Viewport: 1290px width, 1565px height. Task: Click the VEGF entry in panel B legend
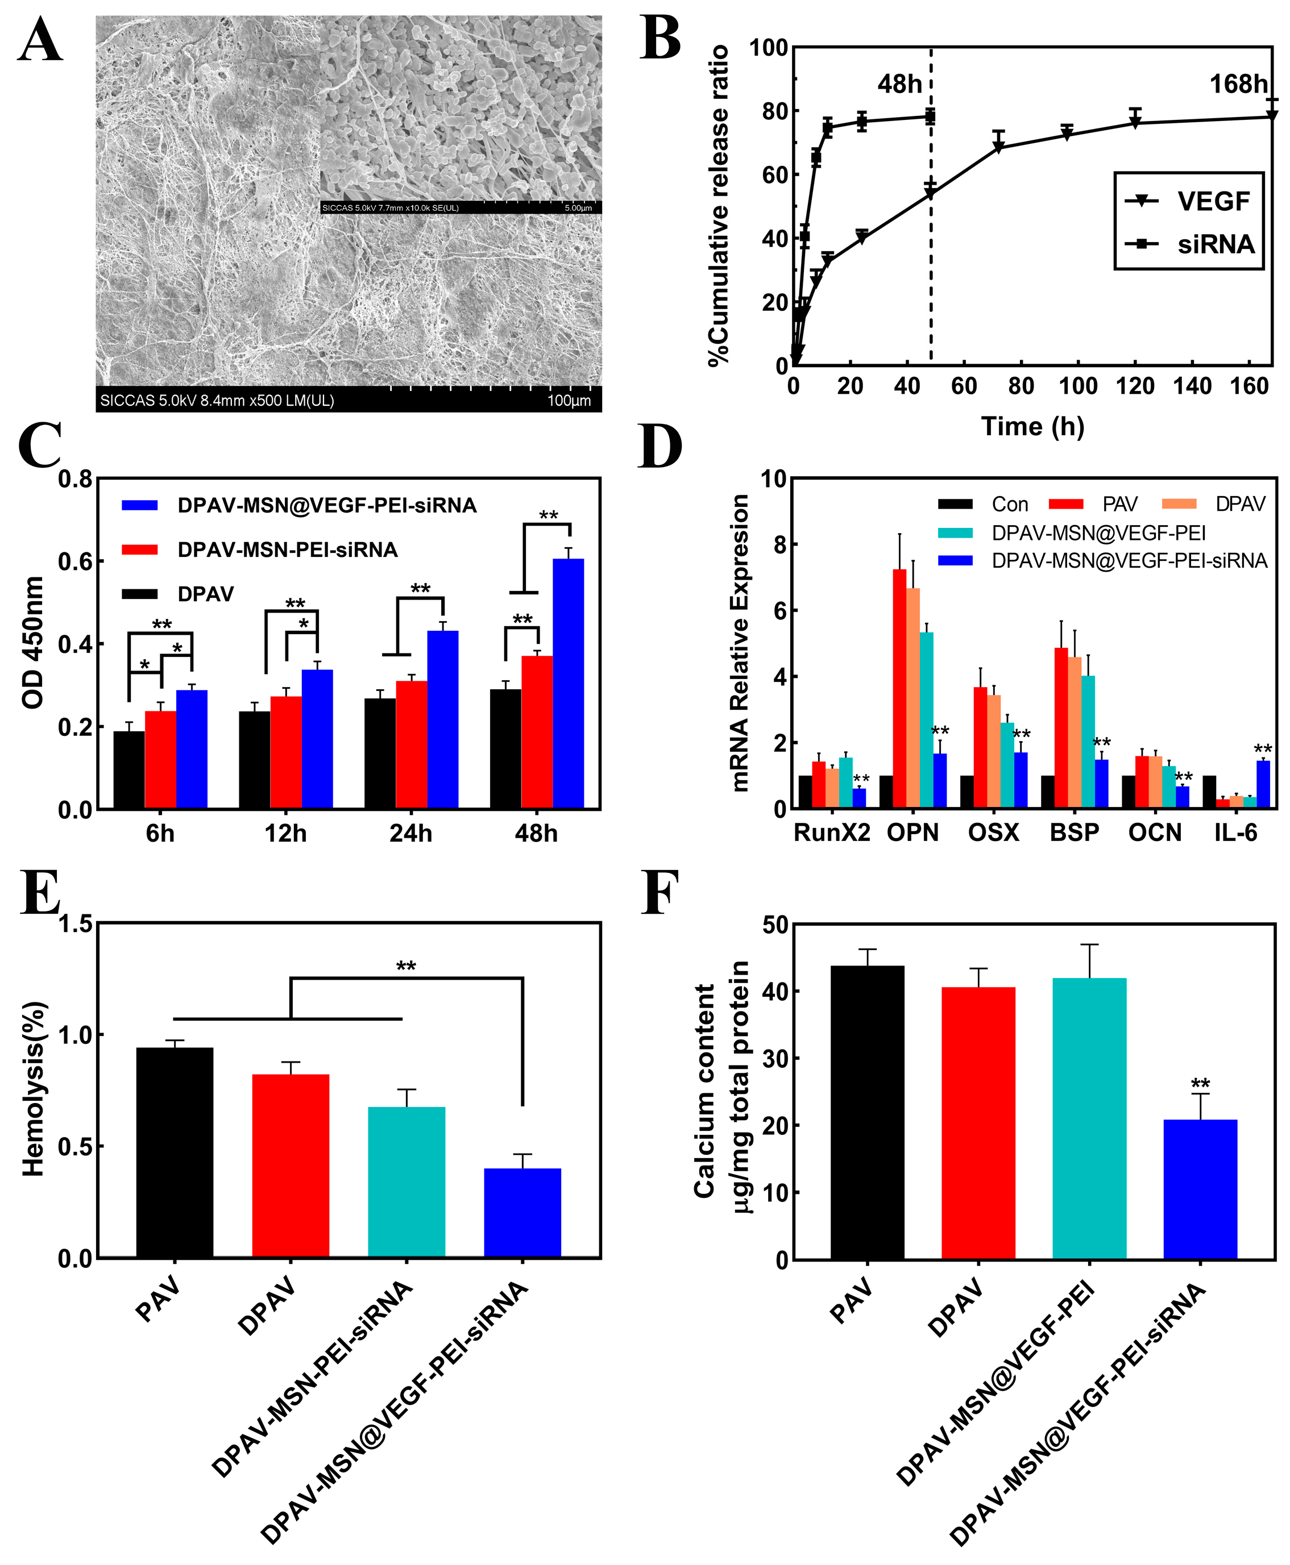(x=1213, y=201)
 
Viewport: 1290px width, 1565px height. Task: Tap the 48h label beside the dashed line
(x=899, y=85)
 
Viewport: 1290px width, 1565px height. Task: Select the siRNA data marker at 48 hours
(x=930, y=116)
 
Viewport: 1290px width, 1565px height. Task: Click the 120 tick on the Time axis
(x=1135, y=386)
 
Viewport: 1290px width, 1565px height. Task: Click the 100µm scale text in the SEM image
(x=569, y=401)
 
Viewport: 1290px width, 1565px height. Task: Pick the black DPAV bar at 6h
(x=128, y=769)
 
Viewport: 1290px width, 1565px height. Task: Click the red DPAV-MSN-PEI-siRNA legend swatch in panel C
(x=140, y=550)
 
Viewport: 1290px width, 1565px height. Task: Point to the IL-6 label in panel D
(x=1236, y=833)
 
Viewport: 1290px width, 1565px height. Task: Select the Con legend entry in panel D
(x=1009, y=505)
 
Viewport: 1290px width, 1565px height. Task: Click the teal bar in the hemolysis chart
(x=407, y=1182)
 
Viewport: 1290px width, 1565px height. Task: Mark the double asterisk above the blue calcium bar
(x=1201, y=1084)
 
